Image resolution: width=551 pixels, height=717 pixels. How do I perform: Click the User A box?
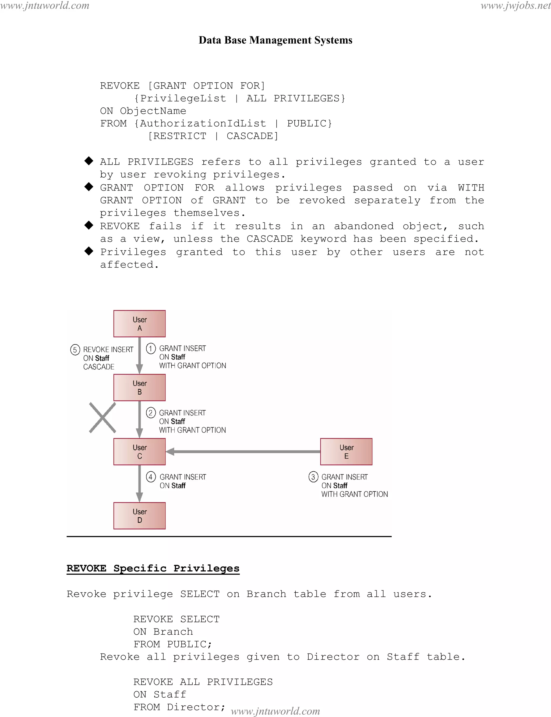tap(139, 323)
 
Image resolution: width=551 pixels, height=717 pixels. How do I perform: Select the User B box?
tap(139, 387)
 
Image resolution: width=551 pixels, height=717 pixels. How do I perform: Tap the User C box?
tap(139, 451)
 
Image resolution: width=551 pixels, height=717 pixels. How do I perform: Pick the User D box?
tap(139, 515)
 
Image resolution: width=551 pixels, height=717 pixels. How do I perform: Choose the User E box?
tap(346, 451)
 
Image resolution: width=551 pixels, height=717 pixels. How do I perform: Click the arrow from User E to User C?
tap(243, 452)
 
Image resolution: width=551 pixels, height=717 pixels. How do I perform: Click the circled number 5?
tap(75, 350)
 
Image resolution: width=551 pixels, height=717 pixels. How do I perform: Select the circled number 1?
tap(151, 348)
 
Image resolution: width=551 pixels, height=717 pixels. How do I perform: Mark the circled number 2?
tap(151, 413)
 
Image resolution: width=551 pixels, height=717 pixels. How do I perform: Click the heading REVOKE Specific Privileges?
tap(153, 568)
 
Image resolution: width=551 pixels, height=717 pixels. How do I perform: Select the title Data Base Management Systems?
tap(275, 40)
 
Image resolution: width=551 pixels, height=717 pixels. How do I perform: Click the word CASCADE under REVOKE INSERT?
tap(99, 367)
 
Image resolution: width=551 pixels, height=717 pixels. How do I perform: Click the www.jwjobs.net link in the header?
tap(515, 6)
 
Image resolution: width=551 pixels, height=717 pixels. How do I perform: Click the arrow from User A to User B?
tap(139, 355)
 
